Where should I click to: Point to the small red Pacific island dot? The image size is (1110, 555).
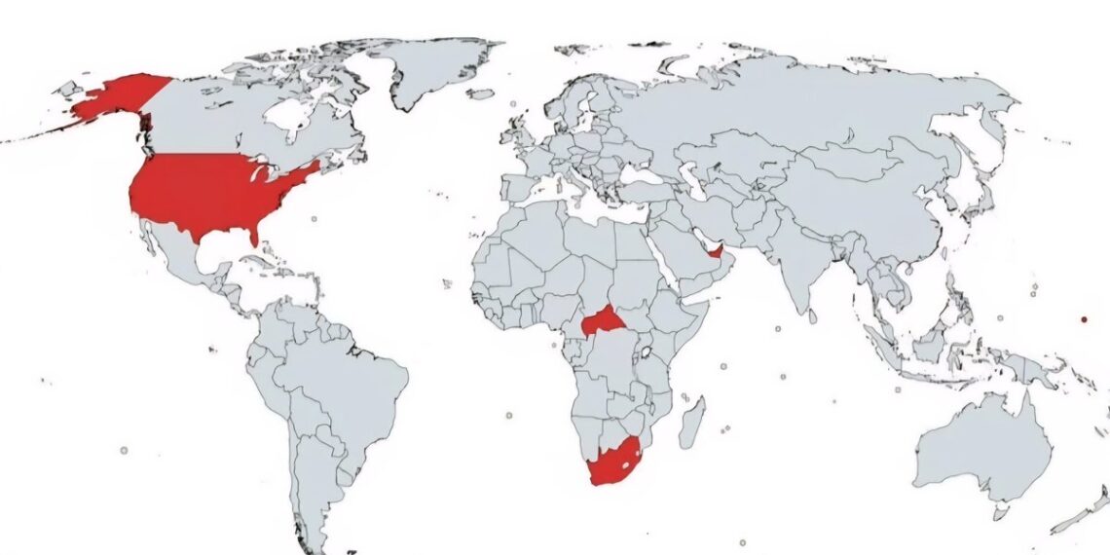click(1084, 318)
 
